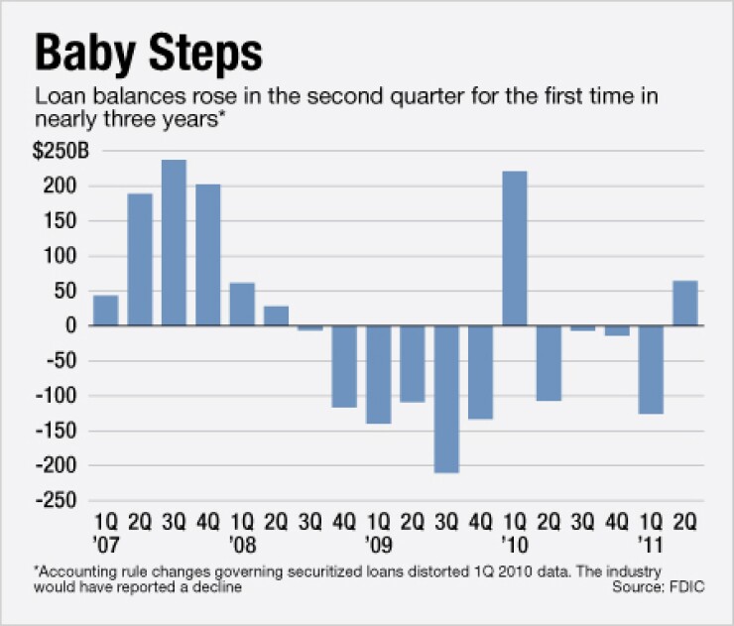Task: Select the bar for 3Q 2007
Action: (174, 242)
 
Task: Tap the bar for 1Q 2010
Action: (514, 248)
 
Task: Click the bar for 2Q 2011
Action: (684, 303)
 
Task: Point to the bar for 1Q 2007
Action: (106, 311)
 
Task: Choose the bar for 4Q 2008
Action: (344, 366)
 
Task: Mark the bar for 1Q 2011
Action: (651, 369)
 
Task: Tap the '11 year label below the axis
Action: (650, 545)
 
